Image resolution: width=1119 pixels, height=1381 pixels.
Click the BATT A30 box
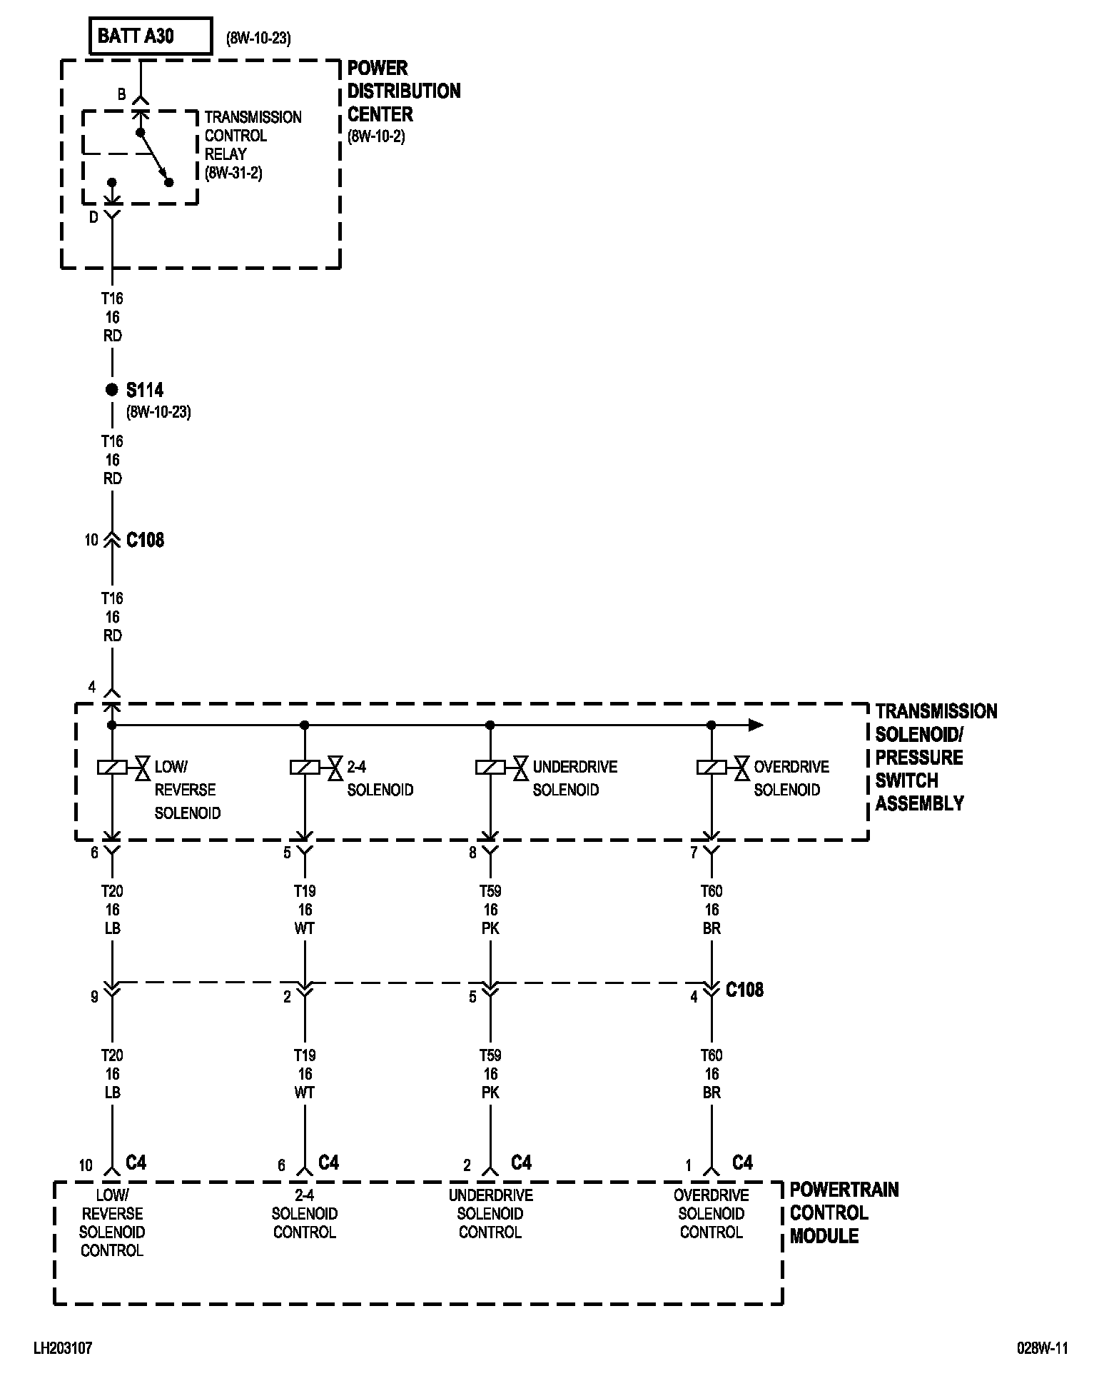[151, 36]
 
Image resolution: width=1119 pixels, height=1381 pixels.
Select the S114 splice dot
[111, 390]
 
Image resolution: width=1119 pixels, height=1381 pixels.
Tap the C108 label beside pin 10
[145, 540]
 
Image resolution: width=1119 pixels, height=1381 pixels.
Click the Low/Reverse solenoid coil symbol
[112, 768]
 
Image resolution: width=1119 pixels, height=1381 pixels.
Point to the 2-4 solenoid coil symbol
[305, 768]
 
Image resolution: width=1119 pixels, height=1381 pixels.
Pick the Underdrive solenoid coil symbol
[490, 768]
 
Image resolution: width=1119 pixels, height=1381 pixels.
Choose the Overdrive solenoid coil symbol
[712, 768]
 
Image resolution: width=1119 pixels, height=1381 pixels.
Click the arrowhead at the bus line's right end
[756, 725]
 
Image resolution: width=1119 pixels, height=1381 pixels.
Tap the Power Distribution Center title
[403, 91]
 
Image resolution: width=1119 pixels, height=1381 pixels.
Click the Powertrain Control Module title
[844, 1212]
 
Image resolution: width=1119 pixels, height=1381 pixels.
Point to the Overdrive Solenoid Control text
[712, 1213]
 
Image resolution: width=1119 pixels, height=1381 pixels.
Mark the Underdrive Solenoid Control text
[490, 1213]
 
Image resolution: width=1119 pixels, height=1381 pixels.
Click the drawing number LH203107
[63, 1348]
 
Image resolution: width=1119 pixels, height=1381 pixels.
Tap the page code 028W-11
[1042, 1348]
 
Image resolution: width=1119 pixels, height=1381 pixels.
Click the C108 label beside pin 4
[744, 990]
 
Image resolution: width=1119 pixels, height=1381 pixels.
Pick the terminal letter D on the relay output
[93, 218]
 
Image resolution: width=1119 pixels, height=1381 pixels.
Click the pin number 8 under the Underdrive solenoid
[472, 853]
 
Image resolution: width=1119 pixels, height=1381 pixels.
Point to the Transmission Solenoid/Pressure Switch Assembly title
[936, 757]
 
